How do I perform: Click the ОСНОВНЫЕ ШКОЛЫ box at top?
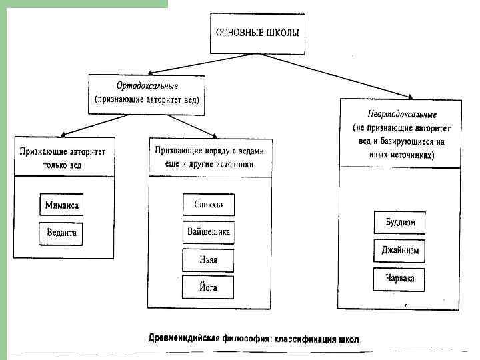[x=256, y=31]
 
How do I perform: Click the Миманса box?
[x=61, y=205]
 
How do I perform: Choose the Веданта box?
[x=61, y=233]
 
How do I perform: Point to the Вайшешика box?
[x=209, y=232]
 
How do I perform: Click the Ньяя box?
[x=209, y=260]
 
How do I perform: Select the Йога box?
[x=209, y=287]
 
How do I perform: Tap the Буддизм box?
[x=400, y=223]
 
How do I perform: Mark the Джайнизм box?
[x=400, y=251]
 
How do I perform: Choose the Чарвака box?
[x=400, y=279]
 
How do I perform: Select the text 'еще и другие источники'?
[x=210, y=164]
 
